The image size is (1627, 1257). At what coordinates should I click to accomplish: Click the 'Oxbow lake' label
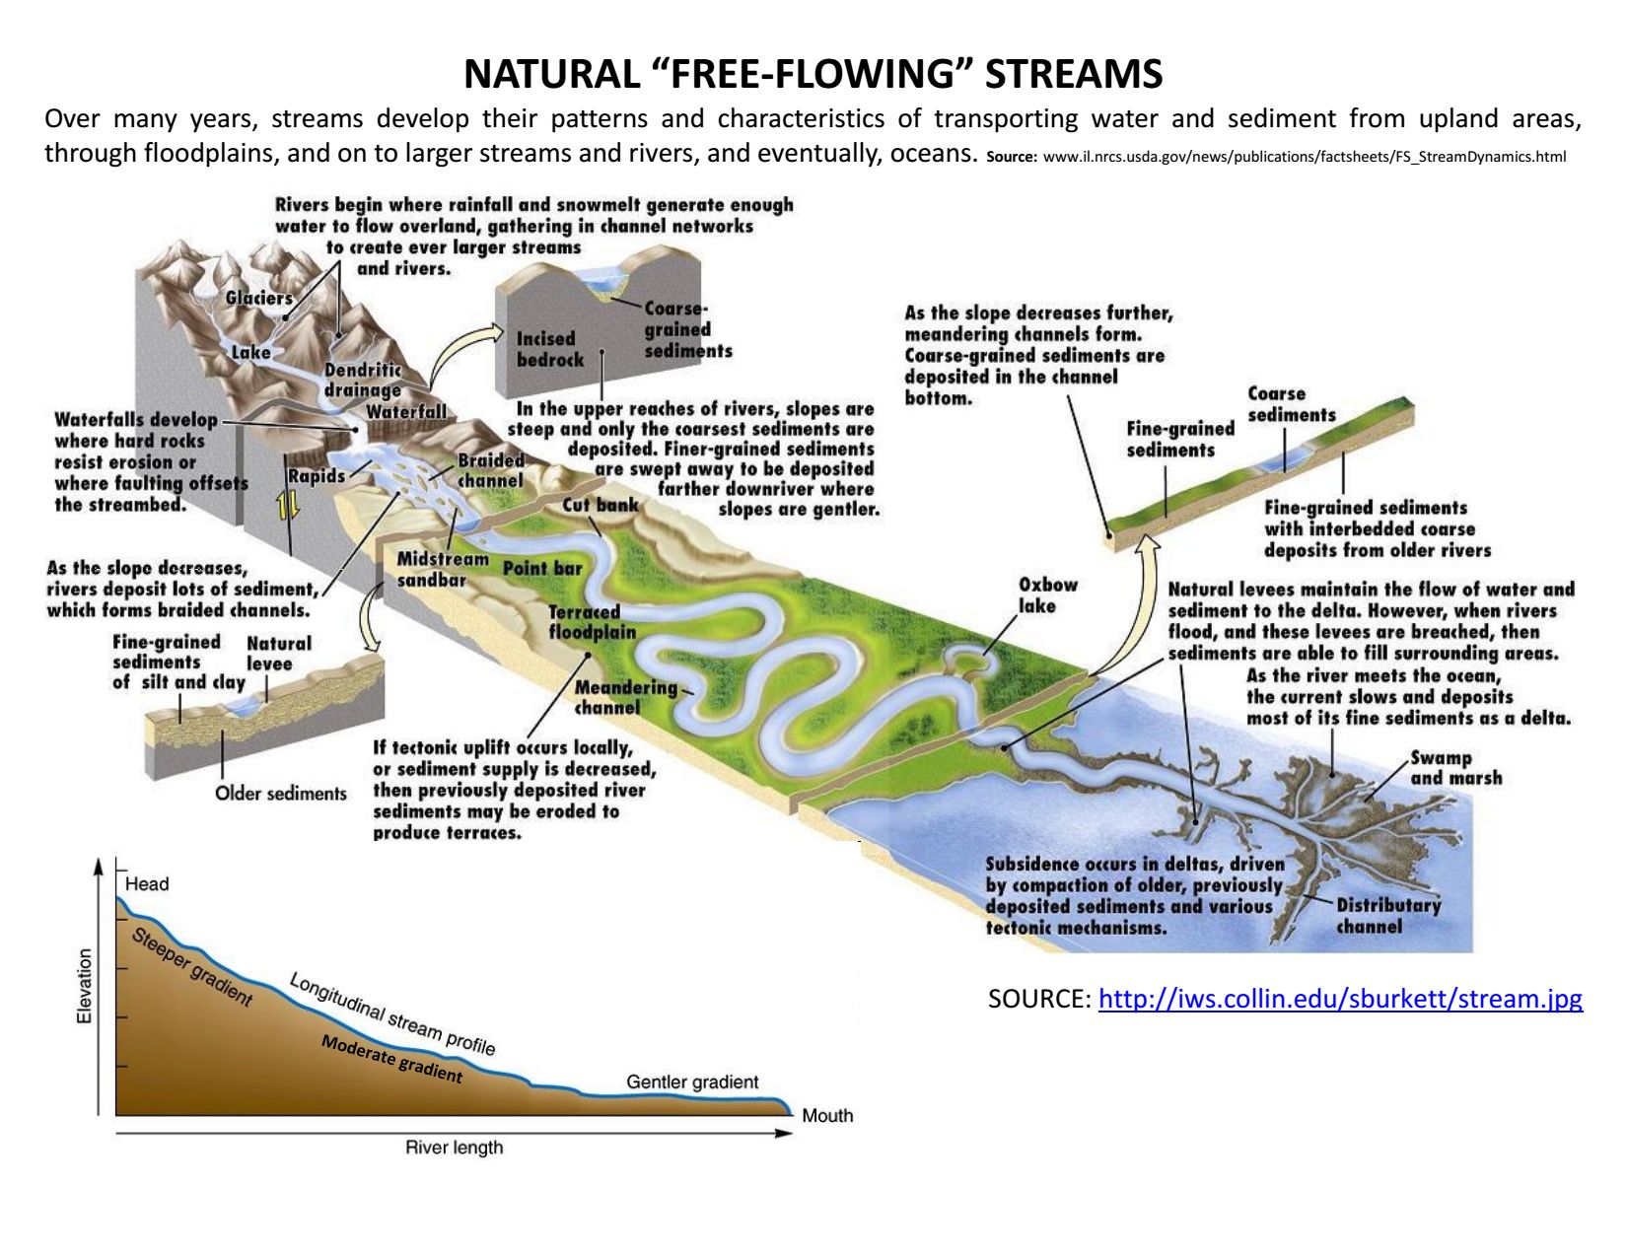pyautogui.click(x=1047, y=595)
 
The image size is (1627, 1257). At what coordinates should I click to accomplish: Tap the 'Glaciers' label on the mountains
pyautogui.click(x=258, y=299)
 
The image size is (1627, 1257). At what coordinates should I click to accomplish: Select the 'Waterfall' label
pyautogui.click(x=406, y=412)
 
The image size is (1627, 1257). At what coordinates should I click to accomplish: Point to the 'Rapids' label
pyautogui.click(x=316, y=476)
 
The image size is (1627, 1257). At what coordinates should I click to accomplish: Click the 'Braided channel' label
pyautogui.click(x=490, y=470)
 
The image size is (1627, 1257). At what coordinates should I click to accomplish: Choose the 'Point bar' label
pyautogui.click(x=542, y=569)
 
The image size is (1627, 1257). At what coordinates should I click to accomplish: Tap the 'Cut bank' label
pyautogui.click(x=600, y=505)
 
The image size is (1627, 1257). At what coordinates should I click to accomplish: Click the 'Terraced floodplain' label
pyautogui.click(x=592, y=622)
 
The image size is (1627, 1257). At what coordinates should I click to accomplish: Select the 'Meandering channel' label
pyautogui.click(x=625, y=697)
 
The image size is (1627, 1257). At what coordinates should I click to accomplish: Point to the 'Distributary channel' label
pyautogui.click(x=1387, y=916)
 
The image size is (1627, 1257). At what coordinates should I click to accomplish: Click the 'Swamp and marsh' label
pyautogui.click(x=1455, y=768)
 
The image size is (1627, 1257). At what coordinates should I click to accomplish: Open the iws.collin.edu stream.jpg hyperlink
pyautogui.click(x=1339, y=999)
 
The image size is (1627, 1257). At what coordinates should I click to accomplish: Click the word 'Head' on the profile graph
pyautogui.click(x=147, y=884)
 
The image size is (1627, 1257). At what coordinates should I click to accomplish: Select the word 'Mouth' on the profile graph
pyautogui.click(x=827, y=1116)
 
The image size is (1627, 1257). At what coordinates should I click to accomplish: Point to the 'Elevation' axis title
pyautogui.click(x=85, y=986)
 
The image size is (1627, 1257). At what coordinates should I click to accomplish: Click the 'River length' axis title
pyautogui.click(x=454, y=1148)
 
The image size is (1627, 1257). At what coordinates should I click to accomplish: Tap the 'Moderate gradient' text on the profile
pyautogui.click(x=391, y=1059)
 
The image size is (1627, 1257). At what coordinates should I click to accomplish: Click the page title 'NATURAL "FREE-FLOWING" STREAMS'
pyautogui.click(x=813, y=74)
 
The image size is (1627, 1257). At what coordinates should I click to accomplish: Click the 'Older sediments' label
pyautogui.click(x=281, y=794)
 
